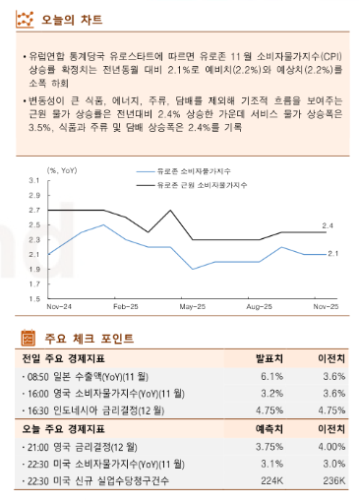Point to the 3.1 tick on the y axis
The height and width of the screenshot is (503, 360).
33,181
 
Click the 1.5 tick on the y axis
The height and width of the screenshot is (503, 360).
33,298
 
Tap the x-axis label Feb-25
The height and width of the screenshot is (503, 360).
125,307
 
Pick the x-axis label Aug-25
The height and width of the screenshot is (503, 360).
258,307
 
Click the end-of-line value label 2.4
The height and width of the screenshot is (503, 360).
328,226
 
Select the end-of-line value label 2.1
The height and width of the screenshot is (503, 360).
332,254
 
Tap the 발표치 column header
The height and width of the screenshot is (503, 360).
270,358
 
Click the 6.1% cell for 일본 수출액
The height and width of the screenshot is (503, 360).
272,376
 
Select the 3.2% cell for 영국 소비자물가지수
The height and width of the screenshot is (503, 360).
272,393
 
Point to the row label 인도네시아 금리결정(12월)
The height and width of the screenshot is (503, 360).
99,410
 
